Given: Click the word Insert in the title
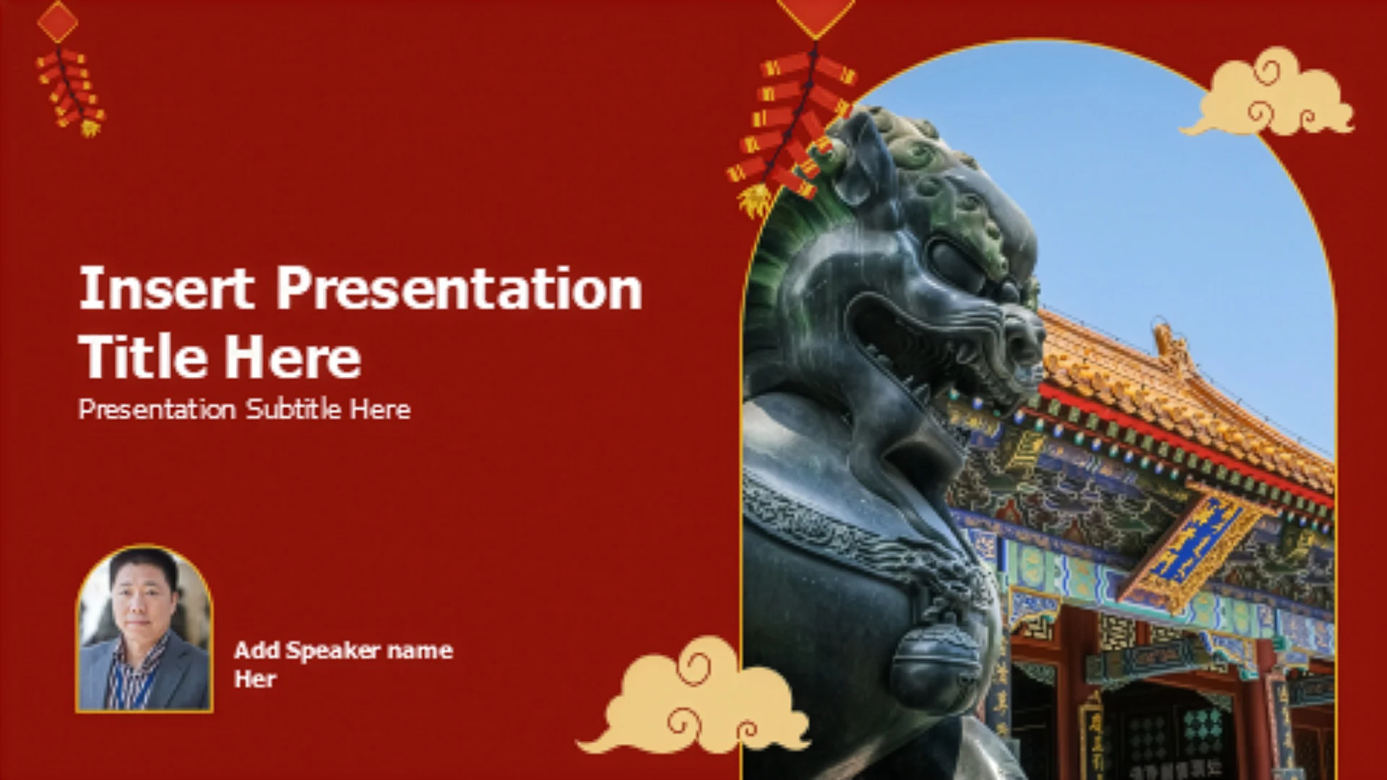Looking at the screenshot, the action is [x=166, y=288].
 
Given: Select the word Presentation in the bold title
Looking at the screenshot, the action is [x=459, y=288].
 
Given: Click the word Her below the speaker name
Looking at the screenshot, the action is [x=255, y=679].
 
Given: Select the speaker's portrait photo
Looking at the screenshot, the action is [x=144, y=628].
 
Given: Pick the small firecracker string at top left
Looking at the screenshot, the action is [x=70, y=91].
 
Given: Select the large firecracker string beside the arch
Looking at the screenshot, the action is [x=792, y=130].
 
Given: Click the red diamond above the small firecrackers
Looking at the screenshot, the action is [x=57, y=22].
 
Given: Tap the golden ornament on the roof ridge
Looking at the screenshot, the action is [x=1170, y=347].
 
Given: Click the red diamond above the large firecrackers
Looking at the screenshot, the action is [x=815, y=13].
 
